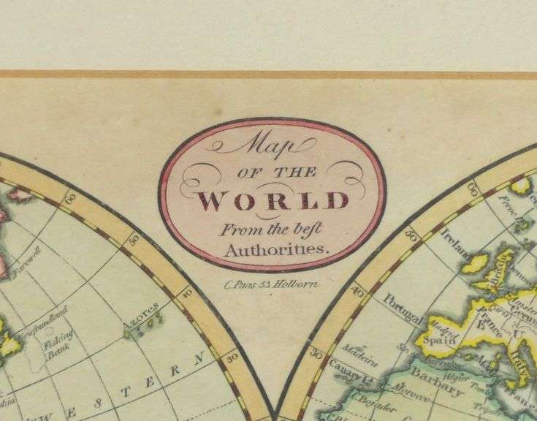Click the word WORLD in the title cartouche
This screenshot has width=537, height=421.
273,200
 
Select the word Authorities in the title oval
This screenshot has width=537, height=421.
272,249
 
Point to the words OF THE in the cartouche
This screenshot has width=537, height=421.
274,172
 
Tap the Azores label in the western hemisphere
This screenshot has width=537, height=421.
145,307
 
